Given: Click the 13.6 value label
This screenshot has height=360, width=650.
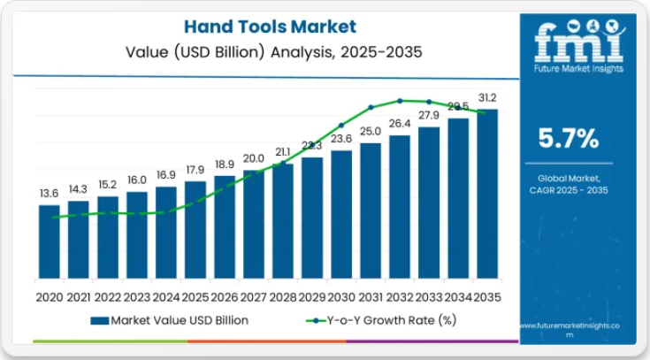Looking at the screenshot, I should [50, 194].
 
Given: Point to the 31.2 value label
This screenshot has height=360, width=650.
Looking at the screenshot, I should [487, 97].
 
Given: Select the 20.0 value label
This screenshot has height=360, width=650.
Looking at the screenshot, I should [254, 158].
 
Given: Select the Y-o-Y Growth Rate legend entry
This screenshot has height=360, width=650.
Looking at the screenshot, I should [380, 320].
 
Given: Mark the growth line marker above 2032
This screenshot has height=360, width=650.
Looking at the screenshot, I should [400, 101].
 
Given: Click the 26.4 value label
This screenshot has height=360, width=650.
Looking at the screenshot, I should [400, 123].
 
